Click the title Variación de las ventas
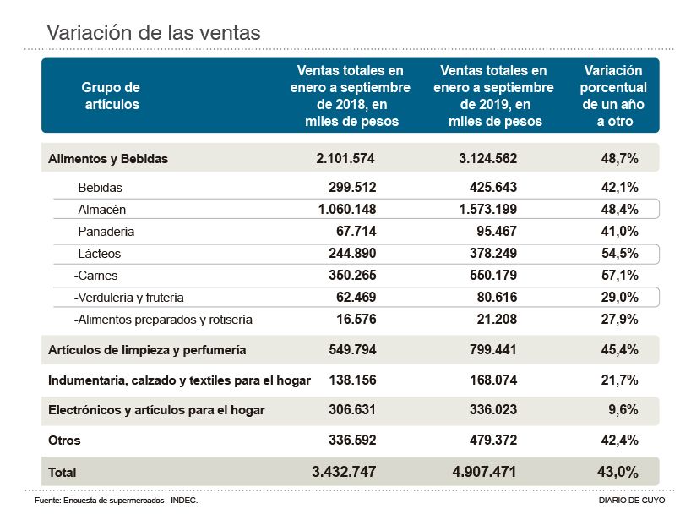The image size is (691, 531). coord(153,33)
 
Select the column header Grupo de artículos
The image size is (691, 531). coord(111,96)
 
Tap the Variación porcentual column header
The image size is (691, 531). coord(614,96)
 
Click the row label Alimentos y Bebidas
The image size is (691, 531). coord(108,158)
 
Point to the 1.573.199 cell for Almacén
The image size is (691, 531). coord(482,209)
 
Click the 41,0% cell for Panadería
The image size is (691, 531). coord(619,231)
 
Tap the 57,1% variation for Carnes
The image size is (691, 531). coord(619,275)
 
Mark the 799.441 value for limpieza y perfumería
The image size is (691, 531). coord(487,349)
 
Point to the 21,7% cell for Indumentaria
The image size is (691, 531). coord(619,380)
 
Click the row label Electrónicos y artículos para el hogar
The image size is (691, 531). coord(156,410)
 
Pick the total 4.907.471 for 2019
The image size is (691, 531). coord(478,472)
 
